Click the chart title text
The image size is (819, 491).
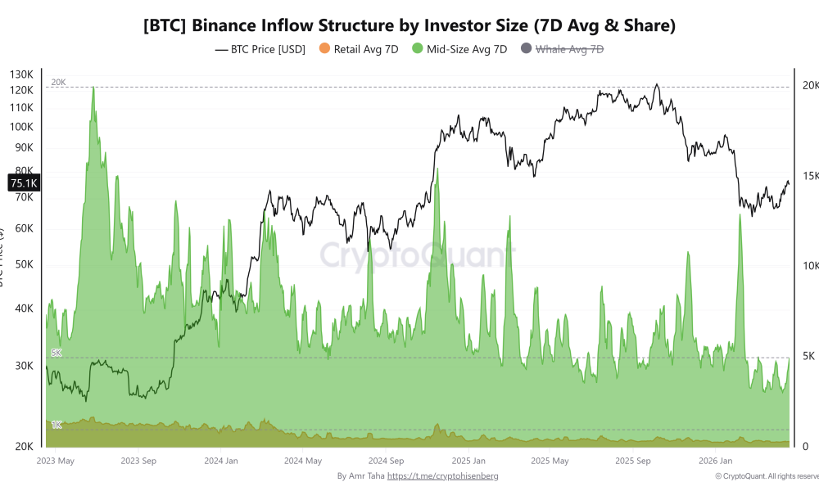pyautogui.click(x=409, y=25)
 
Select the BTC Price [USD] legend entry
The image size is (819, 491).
pyautogui.click(x=260, y=49)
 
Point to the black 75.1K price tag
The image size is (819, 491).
pyautogui.click(x=22, y=183)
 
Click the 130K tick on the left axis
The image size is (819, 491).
pyautogui.click(x=22, y=74)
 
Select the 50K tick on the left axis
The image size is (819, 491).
pyautogui.click(x=22, y=265)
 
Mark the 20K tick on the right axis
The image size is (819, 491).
pyautogui.click(x=808, y=86)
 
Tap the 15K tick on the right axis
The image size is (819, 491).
pyautogui.click(x=808, y=176)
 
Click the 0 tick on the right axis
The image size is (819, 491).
pyautogui.click(x=804, y=446)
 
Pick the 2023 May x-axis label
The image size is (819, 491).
pyautogui.click(x=56, y=462)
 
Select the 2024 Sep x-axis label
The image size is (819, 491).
pyautogui.click(x=387, y=462)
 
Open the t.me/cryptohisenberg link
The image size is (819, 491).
pyautogui.click(x=442, y=475)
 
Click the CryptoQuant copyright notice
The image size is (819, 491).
pyautogui.click(x=766, y=475)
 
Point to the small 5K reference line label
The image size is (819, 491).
pyautogui.click(x=57, y=353)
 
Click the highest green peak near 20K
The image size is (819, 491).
pyautogui.click(x=93, y=88)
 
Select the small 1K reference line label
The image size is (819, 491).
pyautogui.click(x=57, y=425)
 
